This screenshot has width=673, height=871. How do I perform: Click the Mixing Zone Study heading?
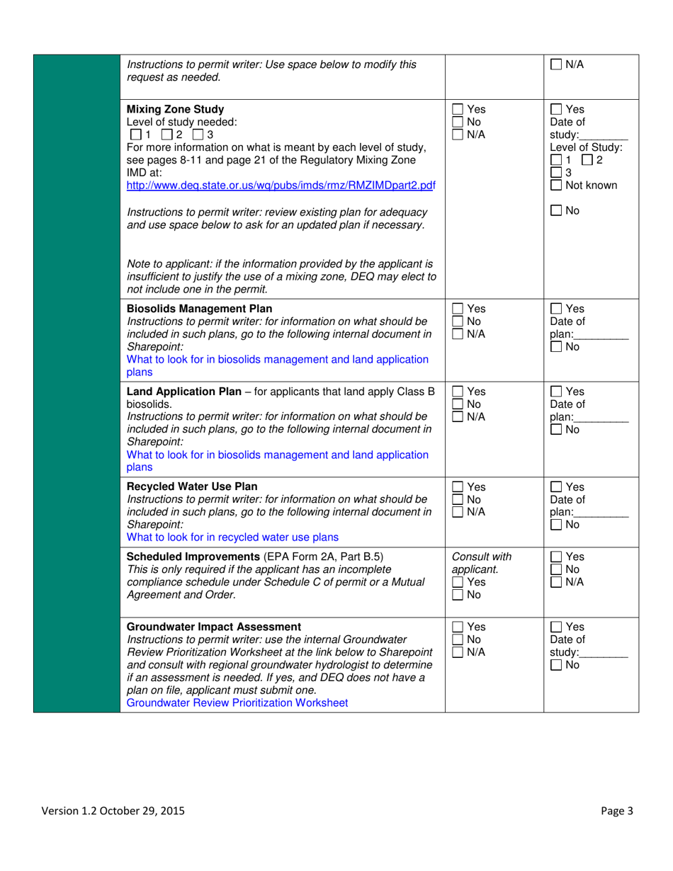click(x=174, y=109)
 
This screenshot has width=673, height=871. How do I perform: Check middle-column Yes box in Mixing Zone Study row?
click(x=458, y=110)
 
